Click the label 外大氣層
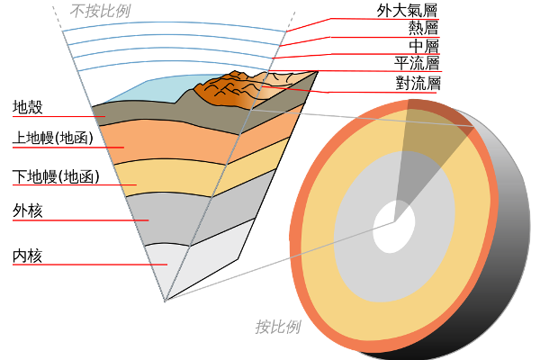(x=407, y=11)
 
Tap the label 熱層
(x=423, y=28)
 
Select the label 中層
(x=424, y=46)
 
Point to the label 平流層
(x=417, y=63)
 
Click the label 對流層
(x=418, y=84)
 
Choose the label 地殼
(x=28, y=107)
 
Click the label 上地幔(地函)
(x=53, y=138)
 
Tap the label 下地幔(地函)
(x=56, y=176)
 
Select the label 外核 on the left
(x=28, y=211)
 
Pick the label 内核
(x=28, y=256)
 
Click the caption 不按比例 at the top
(x=100, y=12)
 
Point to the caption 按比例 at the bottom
(x=278, y=327)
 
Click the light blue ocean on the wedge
(x=155, y=90)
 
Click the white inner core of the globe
(x=394, y=227)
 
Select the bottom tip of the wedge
(x=165, y=301)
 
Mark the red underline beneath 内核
(x=90, y=265)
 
